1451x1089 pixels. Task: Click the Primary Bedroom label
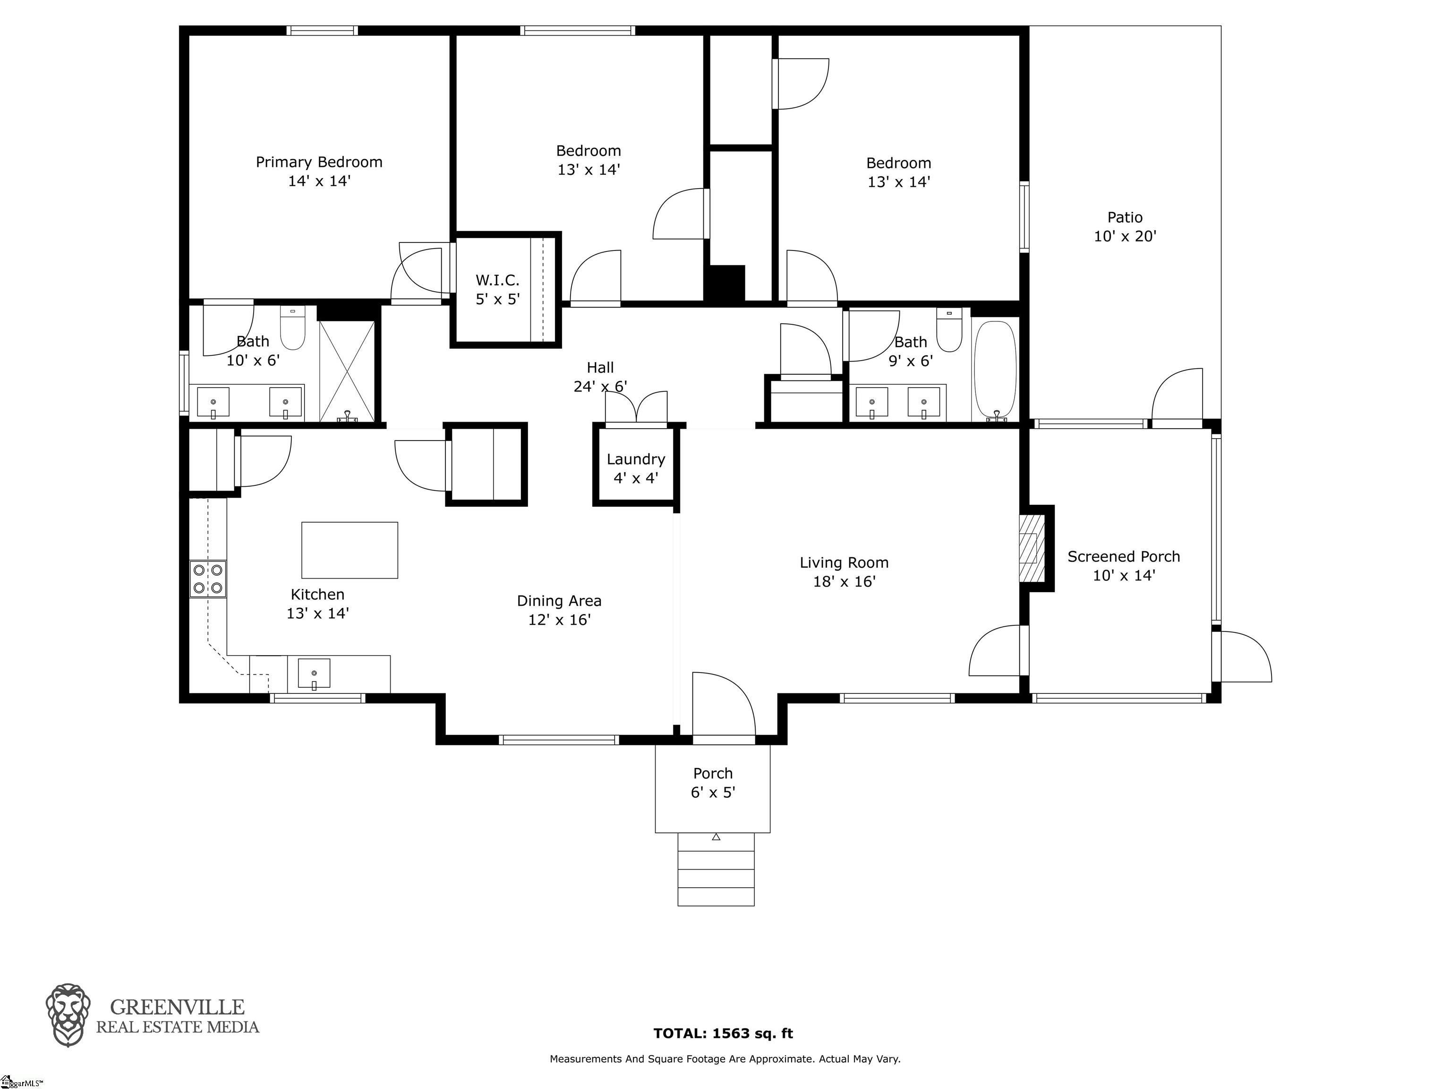click(319, 162)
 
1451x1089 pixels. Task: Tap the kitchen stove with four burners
click(208, 579)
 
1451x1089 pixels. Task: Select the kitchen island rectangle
click(350, 550)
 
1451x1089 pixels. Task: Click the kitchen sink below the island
click(314, 674)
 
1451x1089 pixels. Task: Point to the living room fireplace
click(1031, 548)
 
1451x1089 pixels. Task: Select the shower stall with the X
click(348, 372)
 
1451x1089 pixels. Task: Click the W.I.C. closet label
click(497, 281)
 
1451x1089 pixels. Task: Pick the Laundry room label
click(636, 459)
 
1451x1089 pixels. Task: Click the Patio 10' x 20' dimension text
click(1125, 236)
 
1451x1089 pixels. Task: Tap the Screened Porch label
click(1124, 557)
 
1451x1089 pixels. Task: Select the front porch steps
click(716, 869)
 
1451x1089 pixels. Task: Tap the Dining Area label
click(559, 601)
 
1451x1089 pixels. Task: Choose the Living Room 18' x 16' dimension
click(844, 581)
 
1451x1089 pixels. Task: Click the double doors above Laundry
click(636, 408)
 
